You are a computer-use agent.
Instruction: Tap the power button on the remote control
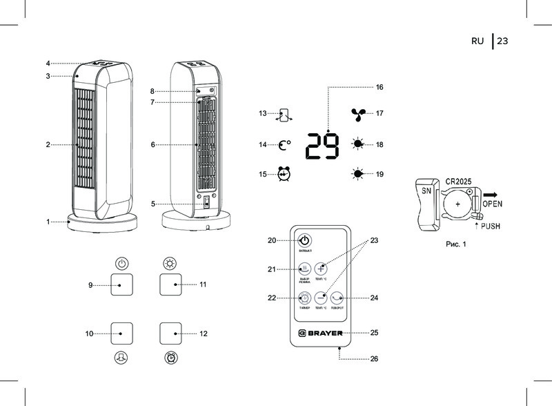(304, 240)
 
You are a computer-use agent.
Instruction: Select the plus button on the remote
(321, 269)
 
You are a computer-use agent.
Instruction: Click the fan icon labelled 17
(357, 114)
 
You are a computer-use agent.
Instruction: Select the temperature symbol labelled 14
(284, 145)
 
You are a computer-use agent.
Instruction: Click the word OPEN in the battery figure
(497, 204)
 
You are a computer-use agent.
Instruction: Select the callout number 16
(379, 88)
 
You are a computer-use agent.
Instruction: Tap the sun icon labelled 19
(357, 173)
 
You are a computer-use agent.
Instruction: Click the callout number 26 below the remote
(374, 359)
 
